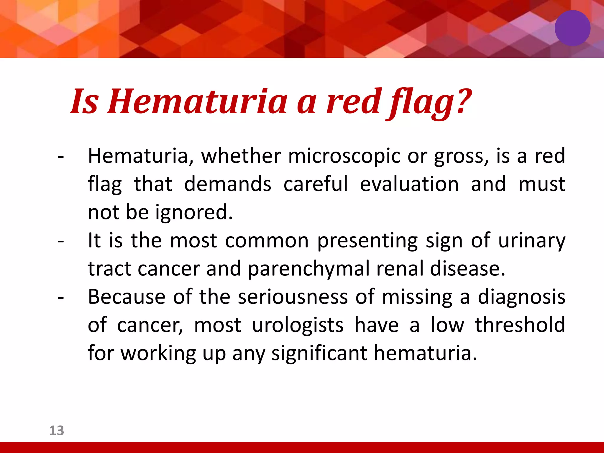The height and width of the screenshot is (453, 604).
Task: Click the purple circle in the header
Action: click(x=572, y=28)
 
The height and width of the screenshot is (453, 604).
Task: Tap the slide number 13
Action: click(x=57, y=431)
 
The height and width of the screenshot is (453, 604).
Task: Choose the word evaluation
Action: click(x=409, y=184)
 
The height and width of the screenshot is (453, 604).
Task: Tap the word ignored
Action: click(x=194, y=212)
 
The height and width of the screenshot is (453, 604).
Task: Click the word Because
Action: click(x=127, y=297)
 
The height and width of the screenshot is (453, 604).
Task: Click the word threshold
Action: click(x=520, y=324)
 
